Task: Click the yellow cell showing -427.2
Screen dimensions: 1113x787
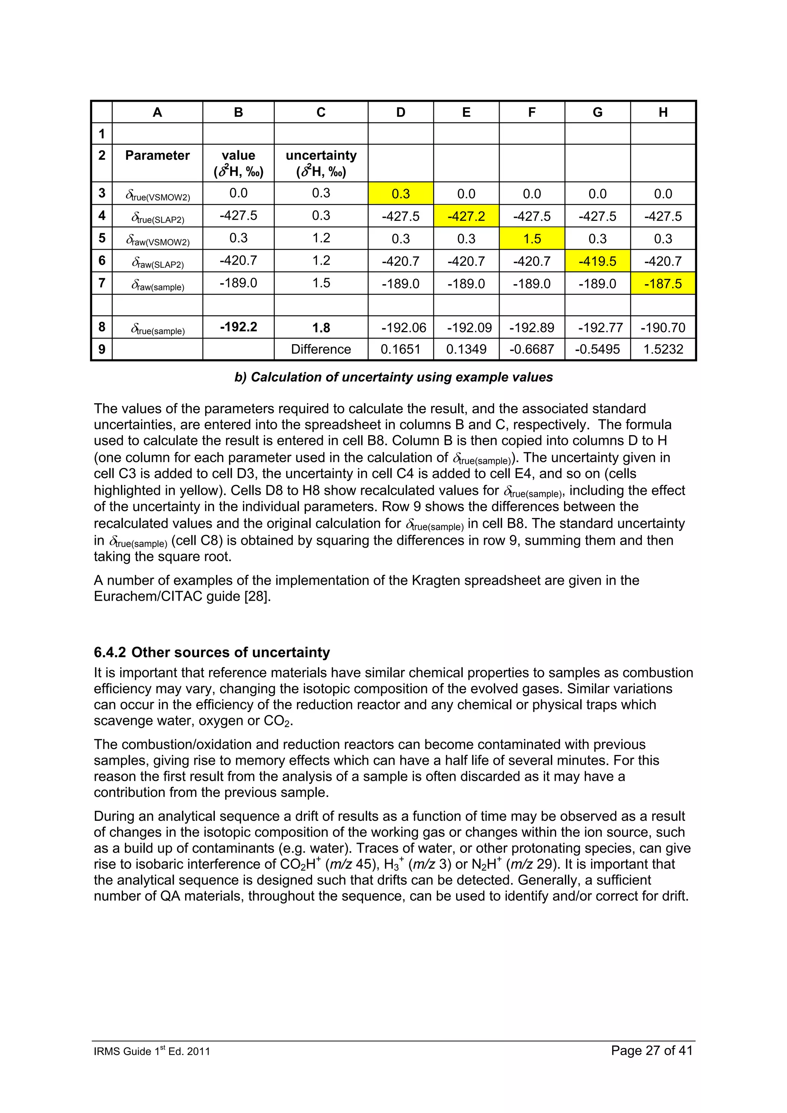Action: pos(466,216)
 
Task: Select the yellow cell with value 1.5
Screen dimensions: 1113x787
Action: pos(531,238)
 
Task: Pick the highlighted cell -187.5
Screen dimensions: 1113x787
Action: pos(662,283)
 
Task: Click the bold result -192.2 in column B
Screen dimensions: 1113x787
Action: pos(238,327)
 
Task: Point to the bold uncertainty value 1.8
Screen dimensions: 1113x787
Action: pos(320,328)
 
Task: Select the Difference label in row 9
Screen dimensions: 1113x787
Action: pos(320,349)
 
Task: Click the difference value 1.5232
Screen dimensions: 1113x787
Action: pos(662,349)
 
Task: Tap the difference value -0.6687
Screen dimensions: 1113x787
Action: pos(531,349)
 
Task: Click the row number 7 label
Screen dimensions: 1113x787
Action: pos(102,283)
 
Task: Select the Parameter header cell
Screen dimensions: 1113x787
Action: pos(157,155)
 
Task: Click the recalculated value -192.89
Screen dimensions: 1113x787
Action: pos(531,328)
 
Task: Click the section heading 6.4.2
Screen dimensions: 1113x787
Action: pos(212,652)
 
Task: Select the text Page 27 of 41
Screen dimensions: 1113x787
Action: pos(651,1050)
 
